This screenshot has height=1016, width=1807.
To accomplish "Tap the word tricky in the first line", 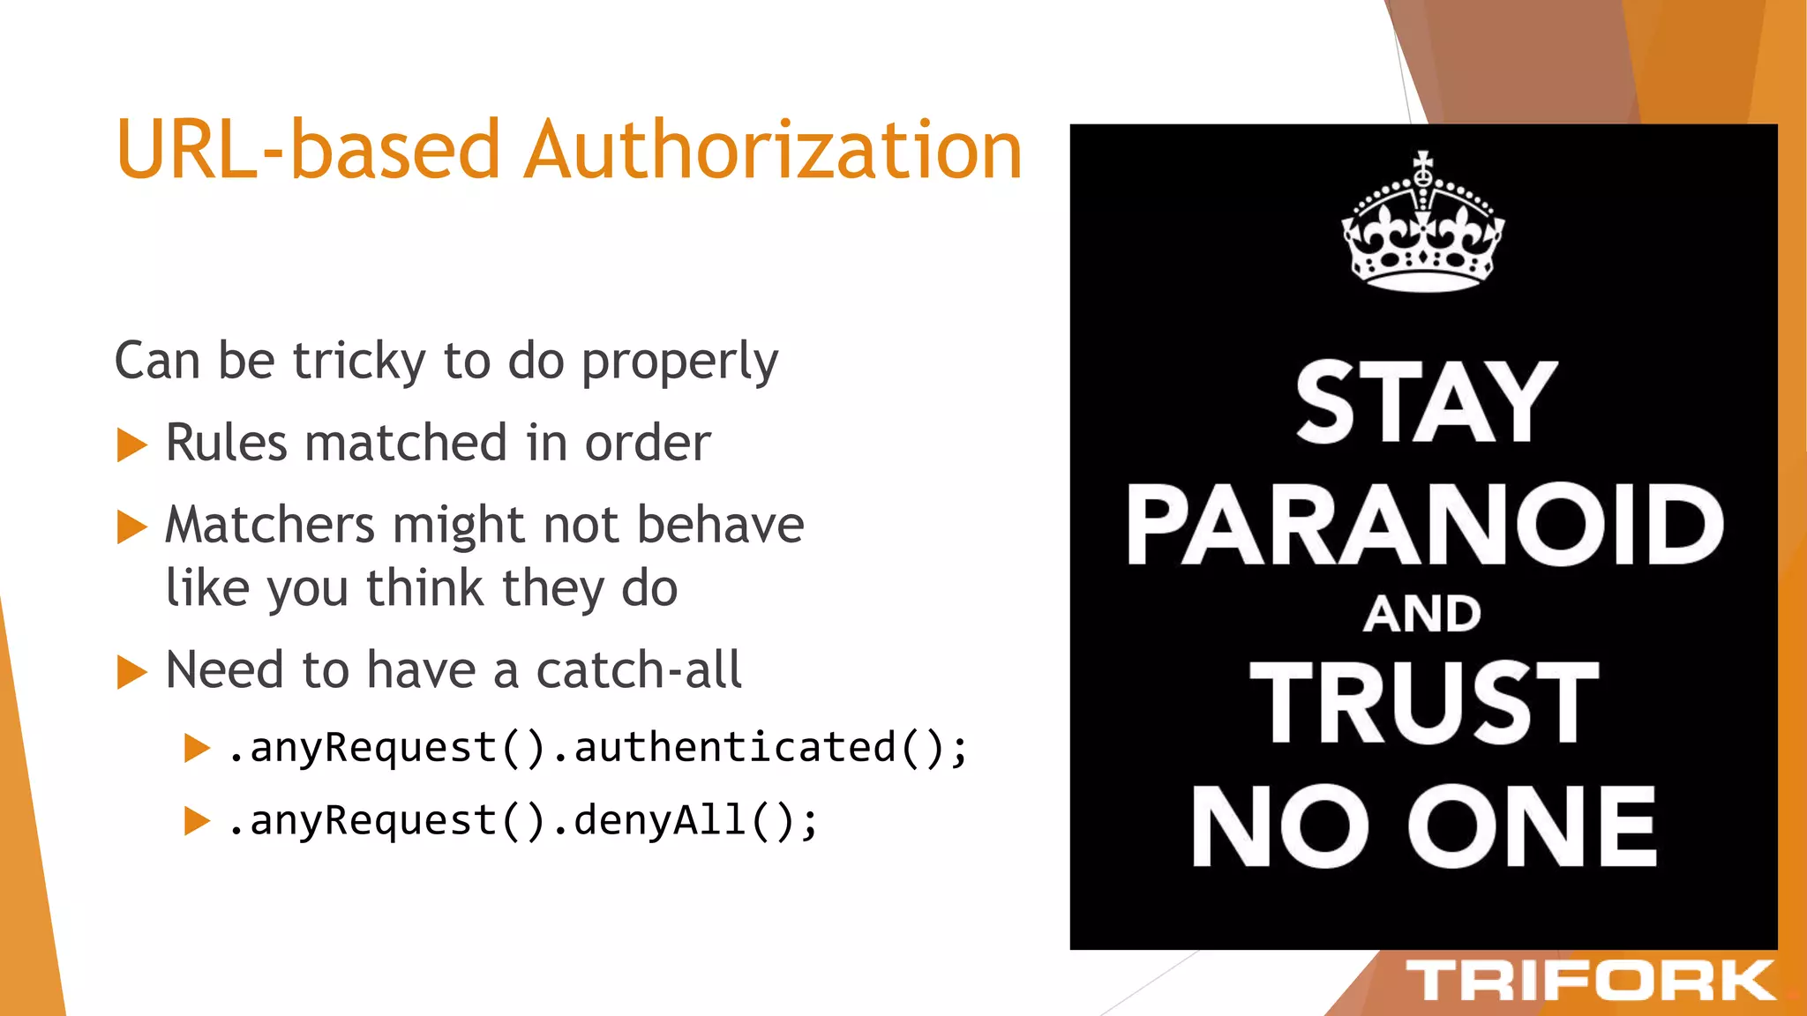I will [359, 362].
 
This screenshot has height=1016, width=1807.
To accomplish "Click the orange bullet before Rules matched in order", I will [131, 444].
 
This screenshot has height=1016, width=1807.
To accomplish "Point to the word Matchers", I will [270, 526].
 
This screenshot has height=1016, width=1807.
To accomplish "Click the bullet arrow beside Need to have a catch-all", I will [131, 672].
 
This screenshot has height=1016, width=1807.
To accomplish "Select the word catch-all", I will [639, 670].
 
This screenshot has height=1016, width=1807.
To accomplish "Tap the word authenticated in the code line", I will [734, 748].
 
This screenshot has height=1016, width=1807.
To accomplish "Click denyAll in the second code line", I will [660, 821].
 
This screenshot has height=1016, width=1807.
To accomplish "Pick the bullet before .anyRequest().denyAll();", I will [197, 822].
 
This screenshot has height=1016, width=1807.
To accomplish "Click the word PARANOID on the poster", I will [1424, 526].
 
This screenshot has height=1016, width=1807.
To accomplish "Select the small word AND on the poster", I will [1422, 614].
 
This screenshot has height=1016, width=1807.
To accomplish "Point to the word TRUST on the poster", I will [1424, 703].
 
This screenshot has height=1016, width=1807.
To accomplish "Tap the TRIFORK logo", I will [1589, 981].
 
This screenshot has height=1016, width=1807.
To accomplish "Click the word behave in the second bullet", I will [720, 526].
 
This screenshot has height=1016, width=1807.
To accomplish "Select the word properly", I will [679, 362].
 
